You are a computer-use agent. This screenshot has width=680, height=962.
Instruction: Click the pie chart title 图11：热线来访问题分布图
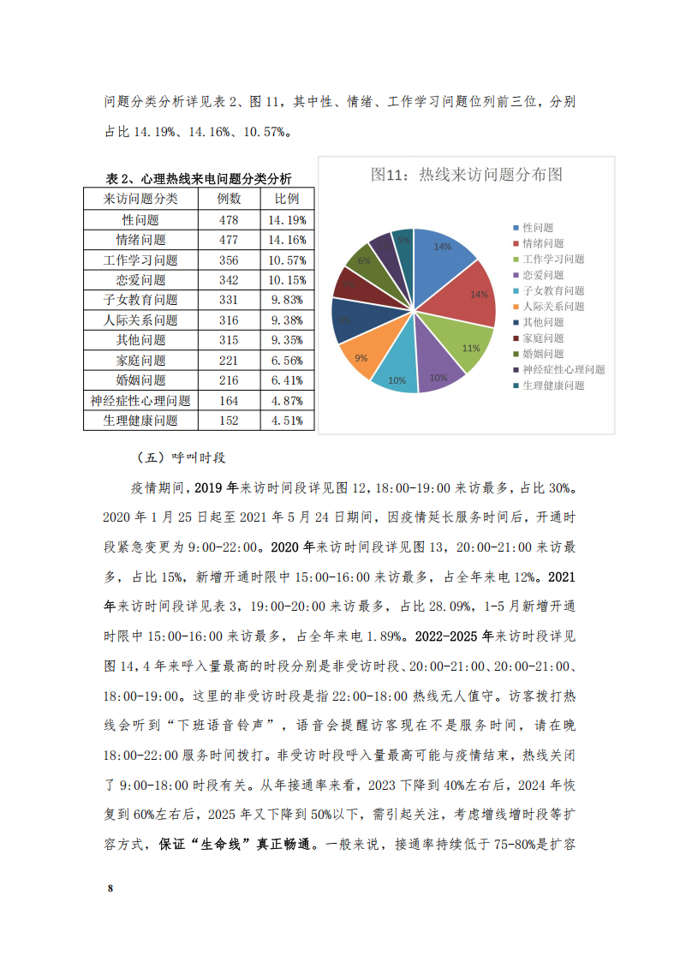click(466, 175)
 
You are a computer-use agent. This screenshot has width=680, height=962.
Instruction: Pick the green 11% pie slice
click(466, 345)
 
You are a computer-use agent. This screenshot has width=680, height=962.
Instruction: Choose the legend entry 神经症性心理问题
click(564, 369)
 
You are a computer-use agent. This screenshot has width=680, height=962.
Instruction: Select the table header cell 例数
click(229, 199)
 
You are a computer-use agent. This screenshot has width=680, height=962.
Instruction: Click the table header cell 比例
click(287, 199)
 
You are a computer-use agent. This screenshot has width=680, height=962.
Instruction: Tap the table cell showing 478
click(229, 219)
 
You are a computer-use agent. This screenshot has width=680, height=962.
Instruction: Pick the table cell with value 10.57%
click(287, 260)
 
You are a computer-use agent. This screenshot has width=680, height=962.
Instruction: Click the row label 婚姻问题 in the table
click(140, 379)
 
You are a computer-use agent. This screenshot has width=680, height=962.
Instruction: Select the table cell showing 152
click(229, 420)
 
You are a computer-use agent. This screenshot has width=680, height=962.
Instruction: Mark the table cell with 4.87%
click(287, 400)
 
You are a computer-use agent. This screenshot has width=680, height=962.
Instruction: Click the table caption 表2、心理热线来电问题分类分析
click(198, 179)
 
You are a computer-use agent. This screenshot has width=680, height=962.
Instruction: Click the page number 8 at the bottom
click(110, 887)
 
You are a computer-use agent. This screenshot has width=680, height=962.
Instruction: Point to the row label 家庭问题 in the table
click(140, 360)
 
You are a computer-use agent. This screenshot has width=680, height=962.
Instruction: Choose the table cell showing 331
click(229, 300)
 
